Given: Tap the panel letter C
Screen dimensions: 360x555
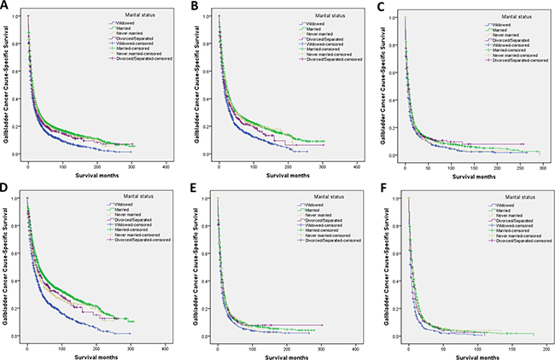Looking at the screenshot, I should [x=381, y=8].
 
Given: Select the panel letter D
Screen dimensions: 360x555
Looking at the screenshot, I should [x=6, y=186].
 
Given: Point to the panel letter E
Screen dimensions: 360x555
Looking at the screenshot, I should [x=194, y=186].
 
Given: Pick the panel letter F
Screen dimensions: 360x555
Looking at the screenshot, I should [x=381, y=186].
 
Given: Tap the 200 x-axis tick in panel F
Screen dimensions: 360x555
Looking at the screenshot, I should [x=545, y=347].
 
